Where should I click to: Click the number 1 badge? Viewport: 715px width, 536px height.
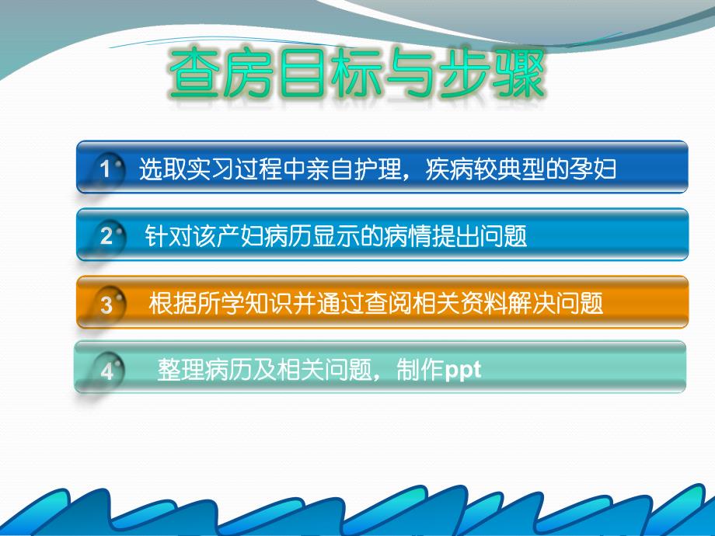(106, 170)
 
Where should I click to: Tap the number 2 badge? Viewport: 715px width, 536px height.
(106, 236)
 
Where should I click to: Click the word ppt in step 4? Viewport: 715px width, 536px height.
(462, 369)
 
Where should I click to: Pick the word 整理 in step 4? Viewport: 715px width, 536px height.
(176, 369)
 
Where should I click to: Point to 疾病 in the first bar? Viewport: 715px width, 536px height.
(446, 169)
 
